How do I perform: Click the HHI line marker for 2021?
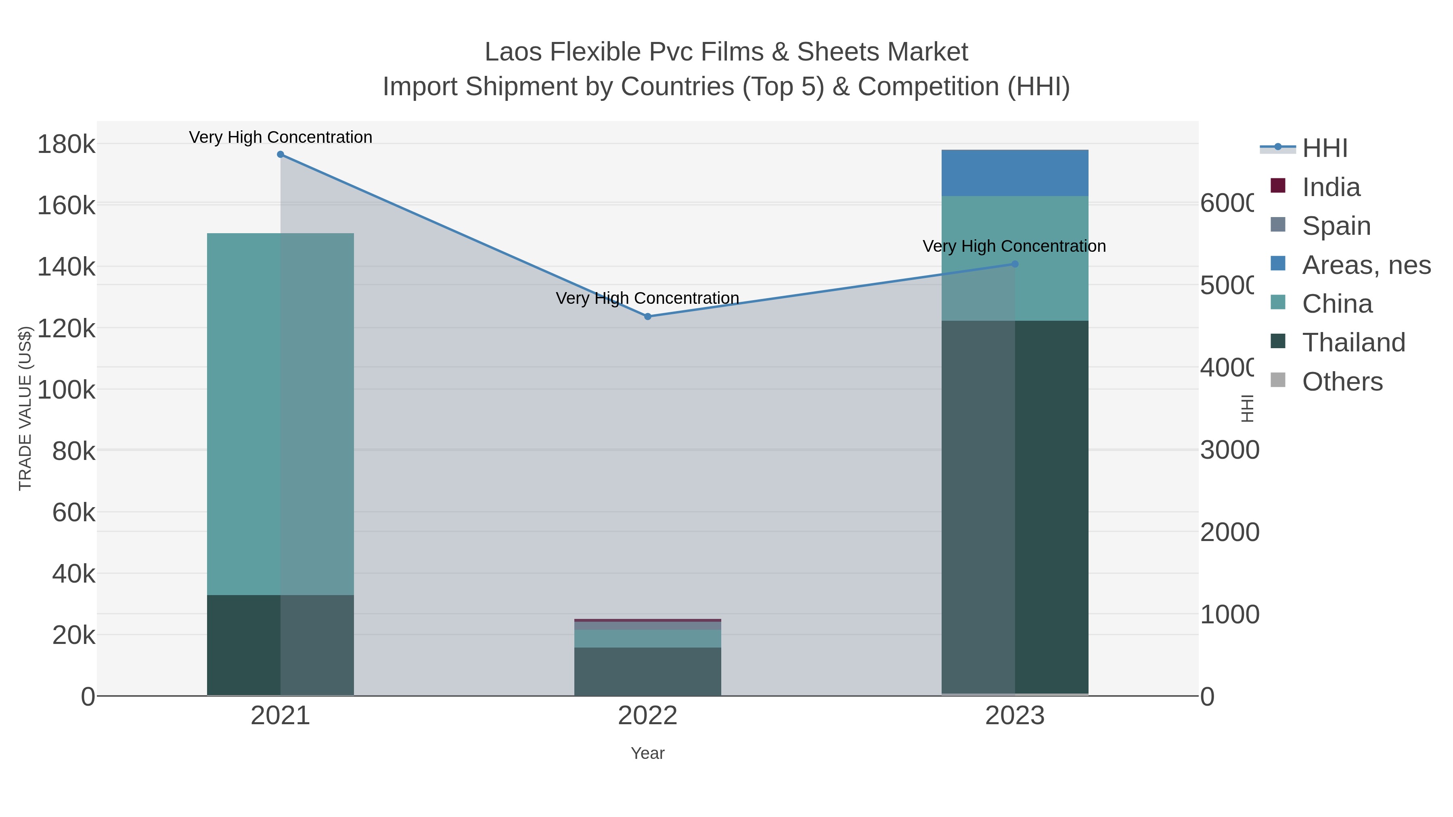click(281, 155)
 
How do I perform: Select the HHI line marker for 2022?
click(647, 317)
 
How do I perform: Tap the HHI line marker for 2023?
click(1015, 264)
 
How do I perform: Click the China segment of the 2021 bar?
click(281, 414)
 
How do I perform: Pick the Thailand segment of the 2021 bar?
click(281, 645)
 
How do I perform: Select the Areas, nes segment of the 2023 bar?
click(1015, 173)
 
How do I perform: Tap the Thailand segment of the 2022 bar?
click(647, 671)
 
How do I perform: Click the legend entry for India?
click(1331, 187)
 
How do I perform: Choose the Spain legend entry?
click(1336, 226)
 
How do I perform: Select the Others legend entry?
click(1342, 382)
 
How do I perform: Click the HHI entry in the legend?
click(1324, 148)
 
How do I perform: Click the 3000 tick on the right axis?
click(1229, 450)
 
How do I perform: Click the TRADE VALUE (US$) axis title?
click(25, 408)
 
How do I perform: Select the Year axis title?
click(647, 753)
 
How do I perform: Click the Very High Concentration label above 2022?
click(647, 298)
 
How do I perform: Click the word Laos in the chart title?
click(513, 52)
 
